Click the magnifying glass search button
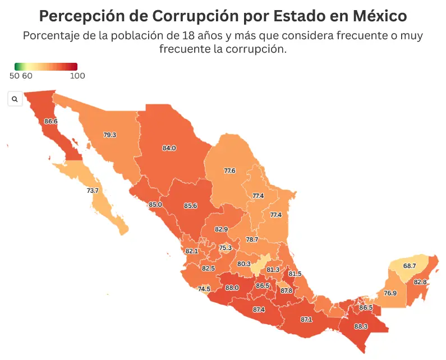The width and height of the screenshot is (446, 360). tap(15, 99)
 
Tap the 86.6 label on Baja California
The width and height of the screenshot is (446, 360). tap(50, 121)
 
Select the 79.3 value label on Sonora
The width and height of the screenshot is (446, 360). tap(110, 135)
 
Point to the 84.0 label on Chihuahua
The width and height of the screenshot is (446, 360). tap(169, 148)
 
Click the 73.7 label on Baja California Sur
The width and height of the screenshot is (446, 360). tap(93, 191)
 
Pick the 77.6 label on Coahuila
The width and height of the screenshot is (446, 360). tap(229, 170)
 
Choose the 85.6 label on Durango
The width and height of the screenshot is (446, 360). tap(191, 206)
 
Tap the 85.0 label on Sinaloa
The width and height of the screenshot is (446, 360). tap(155, 205)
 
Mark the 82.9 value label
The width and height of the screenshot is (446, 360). tap(222, 229)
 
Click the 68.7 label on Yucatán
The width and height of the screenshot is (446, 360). tap(410, 266)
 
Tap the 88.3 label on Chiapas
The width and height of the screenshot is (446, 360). tap(361, 326)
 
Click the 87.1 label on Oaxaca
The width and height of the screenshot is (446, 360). tap(306, 319)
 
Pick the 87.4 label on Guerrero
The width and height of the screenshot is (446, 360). tap(259, 310)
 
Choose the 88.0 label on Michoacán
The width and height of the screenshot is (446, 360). tap(232, 288)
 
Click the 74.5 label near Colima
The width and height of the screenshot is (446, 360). tap(204, 289)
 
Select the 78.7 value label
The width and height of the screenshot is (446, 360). tap(252, 239)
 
